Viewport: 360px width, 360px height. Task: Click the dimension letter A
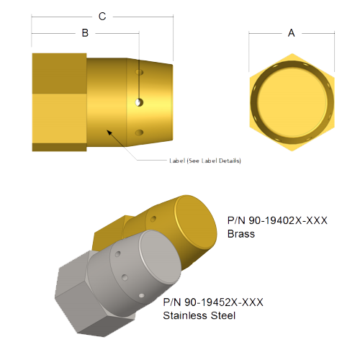click(x=291, y=32)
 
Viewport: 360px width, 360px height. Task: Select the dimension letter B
click(x=85, y=33)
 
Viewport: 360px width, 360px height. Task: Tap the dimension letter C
click(x=102, y=16)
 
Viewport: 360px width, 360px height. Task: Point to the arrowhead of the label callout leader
click(x=108, y=130)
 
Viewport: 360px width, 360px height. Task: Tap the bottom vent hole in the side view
click(x=141, y=132)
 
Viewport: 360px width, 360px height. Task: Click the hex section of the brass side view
click(x=59, y=101)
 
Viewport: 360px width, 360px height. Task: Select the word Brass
click(x=241, y=234)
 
